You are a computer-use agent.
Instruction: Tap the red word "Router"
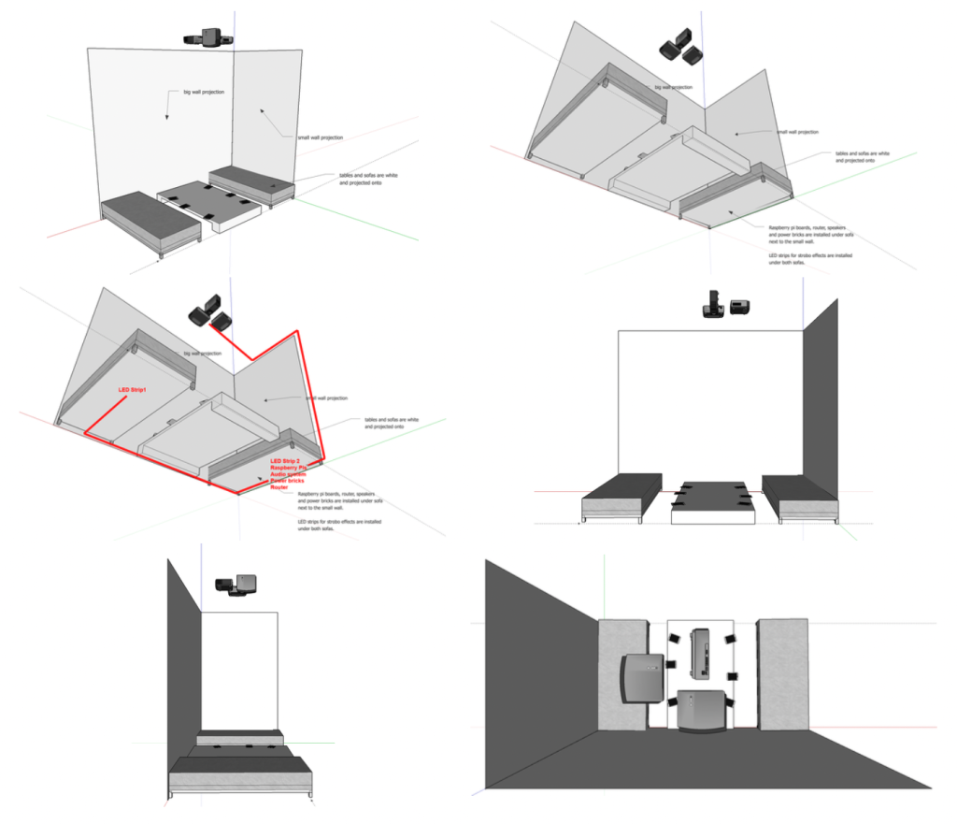279,487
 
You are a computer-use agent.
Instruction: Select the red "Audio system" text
290,474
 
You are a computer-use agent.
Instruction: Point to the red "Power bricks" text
289,481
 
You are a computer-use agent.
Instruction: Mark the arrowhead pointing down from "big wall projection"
166,117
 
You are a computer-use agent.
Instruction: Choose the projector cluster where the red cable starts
210,313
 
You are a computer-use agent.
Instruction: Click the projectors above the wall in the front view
726,307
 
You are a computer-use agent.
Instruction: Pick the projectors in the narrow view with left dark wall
238,584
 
